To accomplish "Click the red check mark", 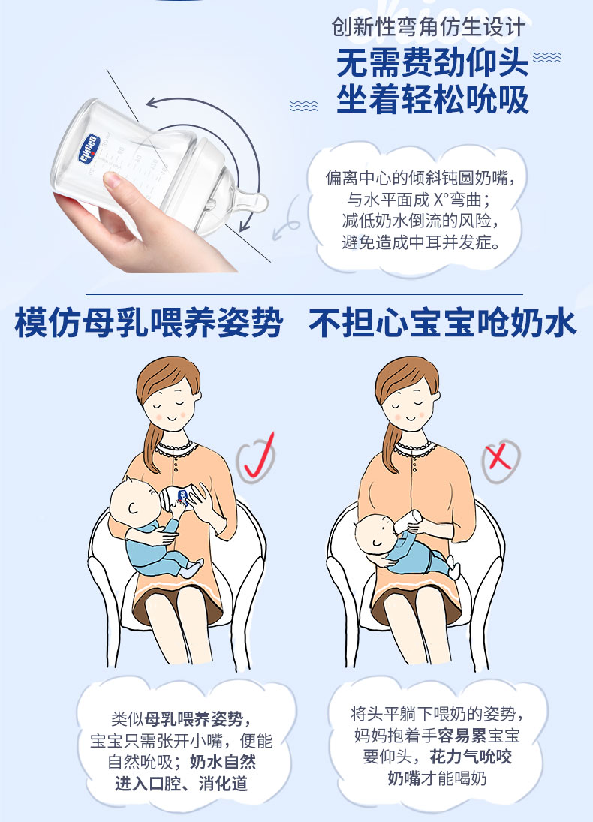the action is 258,457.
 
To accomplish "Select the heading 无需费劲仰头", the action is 432,63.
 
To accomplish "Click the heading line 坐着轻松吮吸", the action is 432,100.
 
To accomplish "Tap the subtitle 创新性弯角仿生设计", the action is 428,27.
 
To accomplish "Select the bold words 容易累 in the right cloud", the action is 462,736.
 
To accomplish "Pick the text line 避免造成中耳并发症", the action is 421,242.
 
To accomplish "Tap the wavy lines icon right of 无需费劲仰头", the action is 547,57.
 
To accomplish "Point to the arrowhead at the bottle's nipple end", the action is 245,226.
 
